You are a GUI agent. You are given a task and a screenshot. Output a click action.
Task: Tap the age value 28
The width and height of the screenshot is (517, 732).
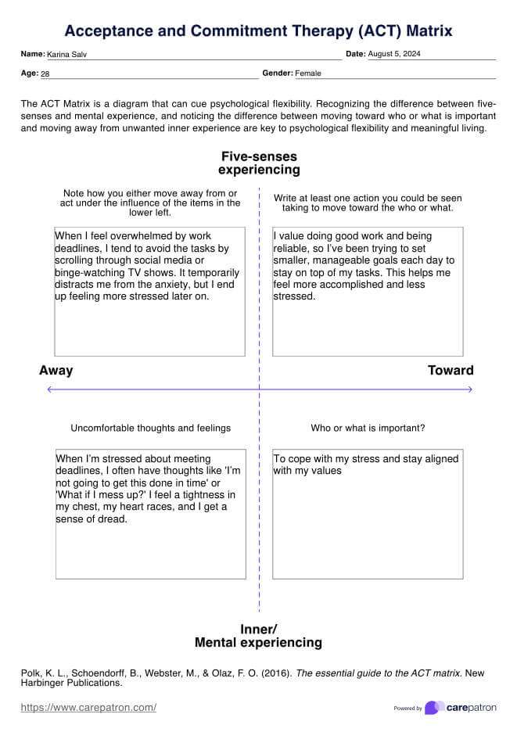coord(45,74)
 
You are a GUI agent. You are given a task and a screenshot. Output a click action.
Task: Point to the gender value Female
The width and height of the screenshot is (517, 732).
coord(308,74)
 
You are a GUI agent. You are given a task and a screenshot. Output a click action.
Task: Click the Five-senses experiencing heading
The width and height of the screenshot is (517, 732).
coord(259,163)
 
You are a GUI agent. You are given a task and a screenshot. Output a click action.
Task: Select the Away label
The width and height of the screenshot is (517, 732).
coord(56,371)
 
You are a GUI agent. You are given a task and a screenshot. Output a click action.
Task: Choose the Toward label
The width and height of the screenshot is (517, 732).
coord(451,371)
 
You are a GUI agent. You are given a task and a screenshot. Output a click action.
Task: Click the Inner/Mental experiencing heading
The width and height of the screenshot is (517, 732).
coord(258,636)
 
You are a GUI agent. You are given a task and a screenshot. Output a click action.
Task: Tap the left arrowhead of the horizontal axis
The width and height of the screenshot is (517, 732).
coord(48,389)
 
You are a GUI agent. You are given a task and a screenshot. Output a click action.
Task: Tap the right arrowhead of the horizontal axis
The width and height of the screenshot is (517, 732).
coord(469,389)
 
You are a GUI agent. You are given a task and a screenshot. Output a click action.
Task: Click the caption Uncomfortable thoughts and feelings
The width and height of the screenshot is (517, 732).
coord(150,428)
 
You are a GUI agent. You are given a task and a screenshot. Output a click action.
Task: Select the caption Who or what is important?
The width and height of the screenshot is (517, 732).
coord(368,428)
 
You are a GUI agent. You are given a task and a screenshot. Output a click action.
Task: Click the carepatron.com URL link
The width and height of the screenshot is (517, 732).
coord(88,708)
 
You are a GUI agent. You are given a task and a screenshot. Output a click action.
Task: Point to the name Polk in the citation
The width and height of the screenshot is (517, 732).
coord(32,673)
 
